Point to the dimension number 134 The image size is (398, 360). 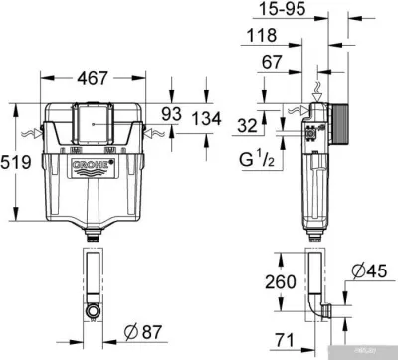(205, 121)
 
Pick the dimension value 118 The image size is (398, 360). (260, 37)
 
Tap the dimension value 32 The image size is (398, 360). (250, 124)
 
